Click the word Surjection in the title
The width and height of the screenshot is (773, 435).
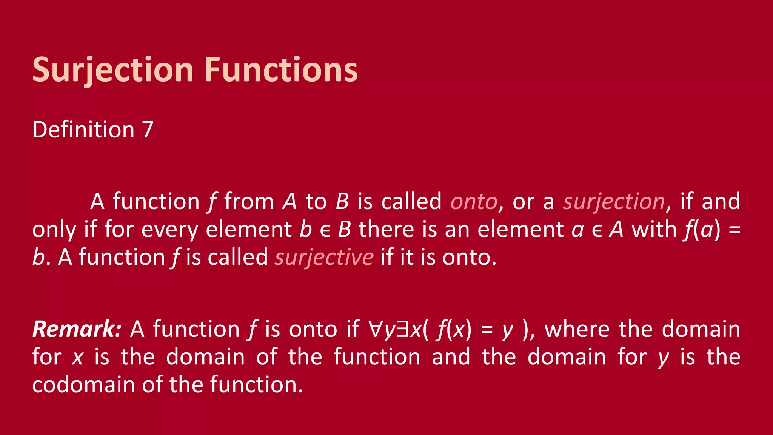[x=113, y=70]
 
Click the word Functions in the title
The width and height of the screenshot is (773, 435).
[x=281, y=70]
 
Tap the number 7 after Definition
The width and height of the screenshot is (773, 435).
[x=148, y=130]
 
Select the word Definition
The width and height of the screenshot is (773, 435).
[x=83, y=130]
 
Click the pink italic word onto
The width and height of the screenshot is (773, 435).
[x=474, y=202]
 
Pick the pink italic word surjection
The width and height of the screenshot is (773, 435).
[x=614, y=202]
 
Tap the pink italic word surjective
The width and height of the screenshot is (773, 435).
[x=324, y=258]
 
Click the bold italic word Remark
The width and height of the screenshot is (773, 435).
[x=75, y=329]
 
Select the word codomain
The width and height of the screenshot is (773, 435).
[x=83, y=385]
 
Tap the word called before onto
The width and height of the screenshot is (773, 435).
[x=411, y=202]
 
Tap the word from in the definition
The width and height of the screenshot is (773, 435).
[x=249, y=202]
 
